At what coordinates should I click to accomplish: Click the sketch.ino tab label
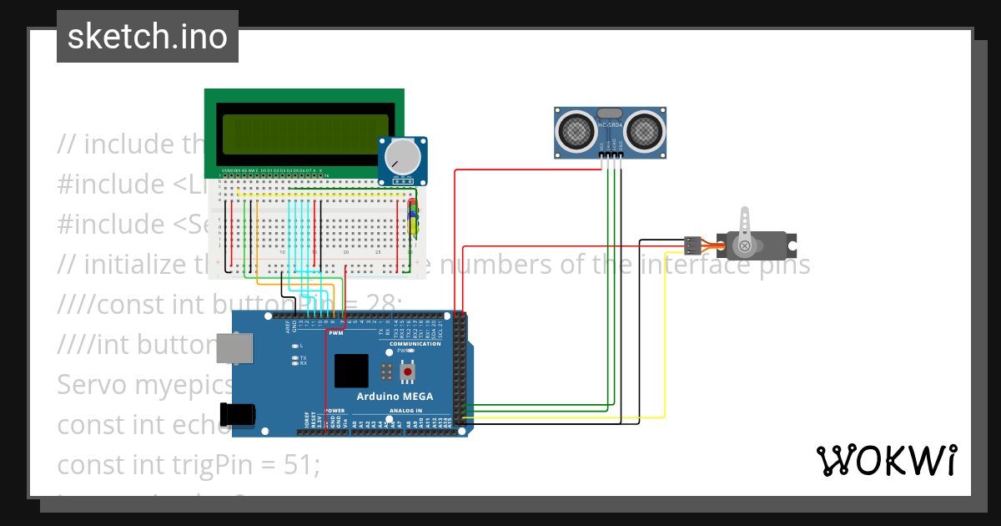click(x=147, y=37)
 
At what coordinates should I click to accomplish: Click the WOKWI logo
click(x=885, y=460)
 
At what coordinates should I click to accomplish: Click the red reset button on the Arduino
click(x=408, y=371)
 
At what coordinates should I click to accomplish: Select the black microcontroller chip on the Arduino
click(x=351, y=371)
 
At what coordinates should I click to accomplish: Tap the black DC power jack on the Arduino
click(x=235, y=415)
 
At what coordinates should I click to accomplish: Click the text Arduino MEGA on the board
click(x=395, y=397)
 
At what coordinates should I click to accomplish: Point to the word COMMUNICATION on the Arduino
click(x=415, y=344)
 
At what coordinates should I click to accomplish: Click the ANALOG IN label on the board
click(x=406, y=411)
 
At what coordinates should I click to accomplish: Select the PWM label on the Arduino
click(x=336, y=332)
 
